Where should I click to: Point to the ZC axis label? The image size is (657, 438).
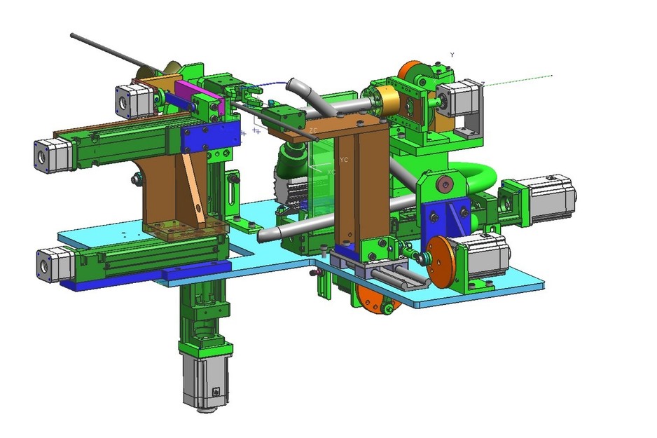point(314,130)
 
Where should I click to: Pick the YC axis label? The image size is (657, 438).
point(343,160)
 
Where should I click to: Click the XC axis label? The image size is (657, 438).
point(331,172)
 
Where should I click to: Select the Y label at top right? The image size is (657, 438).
point(452,55)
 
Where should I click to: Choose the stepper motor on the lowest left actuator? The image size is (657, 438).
point(55,264)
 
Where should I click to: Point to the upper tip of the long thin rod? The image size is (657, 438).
point(73,34)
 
